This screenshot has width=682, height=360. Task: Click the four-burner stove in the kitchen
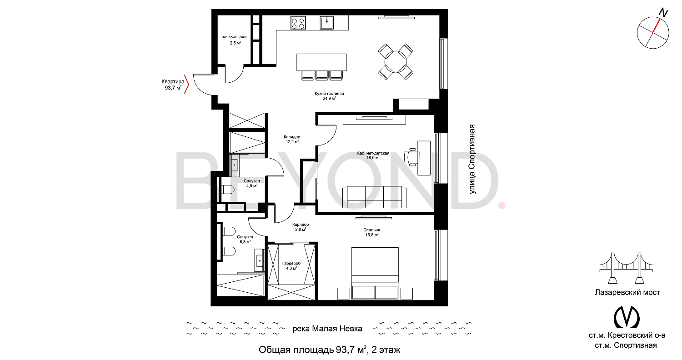click(x=298, y=23)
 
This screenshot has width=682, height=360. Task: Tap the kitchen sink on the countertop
click(x=327, y=23)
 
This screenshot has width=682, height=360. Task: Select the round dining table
click(x=396, y=62)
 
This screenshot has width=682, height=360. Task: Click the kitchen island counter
click(x=321, y=62)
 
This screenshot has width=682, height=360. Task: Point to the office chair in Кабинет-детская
click(x=411, y=157)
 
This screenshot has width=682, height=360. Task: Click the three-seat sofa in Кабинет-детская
click(x=374, y=197)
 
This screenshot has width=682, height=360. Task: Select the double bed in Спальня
click(x=375, y=273)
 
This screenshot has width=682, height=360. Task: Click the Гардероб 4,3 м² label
click(x=291, y=265)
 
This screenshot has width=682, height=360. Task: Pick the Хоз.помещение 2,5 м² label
click(x=235, y=40)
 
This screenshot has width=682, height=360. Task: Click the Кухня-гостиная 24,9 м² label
click(x=330, y=96)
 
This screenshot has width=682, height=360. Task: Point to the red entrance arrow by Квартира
click(x=186, y=84)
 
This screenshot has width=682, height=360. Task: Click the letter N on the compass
click(x=663, y=13)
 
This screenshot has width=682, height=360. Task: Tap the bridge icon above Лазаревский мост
click(x=626, y=268)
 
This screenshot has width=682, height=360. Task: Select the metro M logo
click(x=626, y=317)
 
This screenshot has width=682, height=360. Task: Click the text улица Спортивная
click(x=472, y=159)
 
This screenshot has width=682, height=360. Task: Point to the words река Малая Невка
click(x=327, y=329)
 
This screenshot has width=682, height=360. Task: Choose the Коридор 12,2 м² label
click(x=292, y=140)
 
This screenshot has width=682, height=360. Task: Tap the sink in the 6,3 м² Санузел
click(x=260, y=260)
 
